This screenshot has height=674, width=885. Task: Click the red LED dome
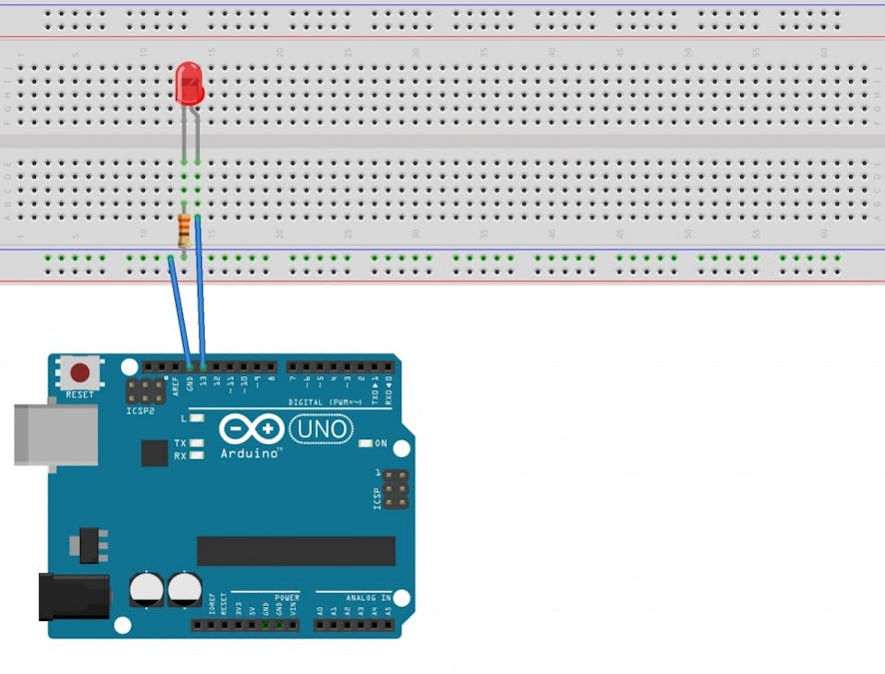tap(188, 84)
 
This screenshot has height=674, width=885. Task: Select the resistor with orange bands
tap(184, 232)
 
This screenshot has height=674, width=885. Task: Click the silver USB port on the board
tap(55, 434)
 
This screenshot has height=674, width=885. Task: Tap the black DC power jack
tap(72, 596)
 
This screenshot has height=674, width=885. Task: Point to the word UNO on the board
tap(322, 430)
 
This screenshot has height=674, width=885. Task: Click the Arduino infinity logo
tap(251, 430)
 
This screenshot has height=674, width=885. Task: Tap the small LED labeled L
tap(197, 416)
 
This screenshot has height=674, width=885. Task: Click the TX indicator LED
tap(197, 442)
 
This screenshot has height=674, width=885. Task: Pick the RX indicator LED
tap(197, 455)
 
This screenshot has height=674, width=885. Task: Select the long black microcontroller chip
tap(296, 550)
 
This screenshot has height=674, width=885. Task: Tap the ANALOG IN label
tap(367, 598)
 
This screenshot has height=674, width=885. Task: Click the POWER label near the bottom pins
tap(287, 598)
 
